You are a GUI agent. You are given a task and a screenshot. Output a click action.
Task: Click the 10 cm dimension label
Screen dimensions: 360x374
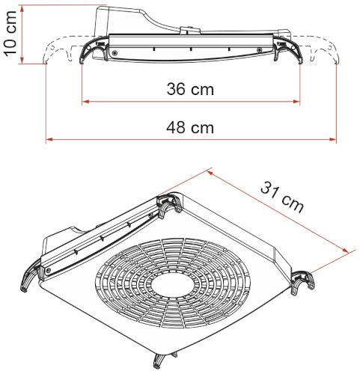(x=10, y=32)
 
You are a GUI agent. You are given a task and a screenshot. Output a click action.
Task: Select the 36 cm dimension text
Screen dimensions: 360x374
(x=190, y=89)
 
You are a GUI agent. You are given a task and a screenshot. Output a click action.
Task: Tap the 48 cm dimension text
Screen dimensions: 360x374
(x=190, y=127)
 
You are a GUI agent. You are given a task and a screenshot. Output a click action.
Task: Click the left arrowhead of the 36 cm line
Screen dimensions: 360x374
(x=85, y=102)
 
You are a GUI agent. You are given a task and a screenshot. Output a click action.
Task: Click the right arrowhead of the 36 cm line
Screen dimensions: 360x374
(x=296, y=102)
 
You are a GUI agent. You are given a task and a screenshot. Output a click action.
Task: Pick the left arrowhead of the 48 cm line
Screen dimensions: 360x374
(x=49, y=140)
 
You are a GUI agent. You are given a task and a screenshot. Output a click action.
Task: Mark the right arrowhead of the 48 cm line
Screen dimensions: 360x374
(x=333, y=140)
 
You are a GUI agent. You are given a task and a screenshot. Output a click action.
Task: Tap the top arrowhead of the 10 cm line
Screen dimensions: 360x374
(x=22, y=9)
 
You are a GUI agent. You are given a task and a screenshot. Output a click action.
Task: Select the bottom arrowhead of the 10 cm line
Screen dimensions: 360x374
(x=22, y=60)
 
